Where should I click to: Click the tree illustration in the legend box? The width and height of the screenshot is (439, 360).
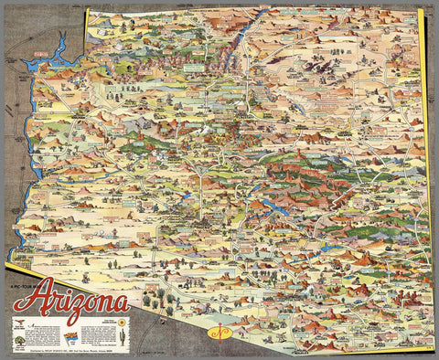pos(20,339)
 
